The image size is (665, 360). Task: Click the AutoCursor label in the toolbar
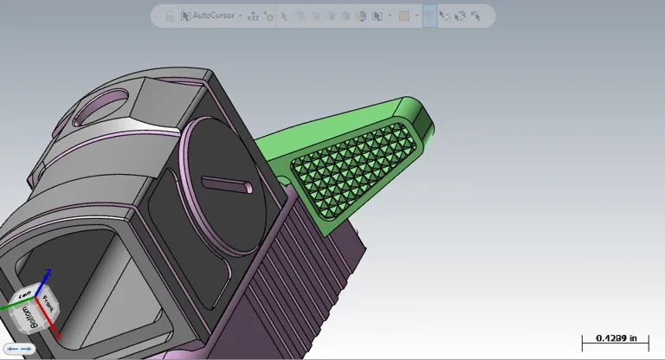point(213,16)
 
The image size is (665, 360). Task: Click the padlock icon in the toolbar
point(170,16)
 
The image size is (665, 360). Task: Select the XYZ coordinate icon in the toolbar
point(253,16)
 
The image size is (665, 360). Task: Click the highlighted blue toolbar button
point(429,16)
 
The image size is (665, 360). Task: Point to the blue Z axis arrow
point(48,276)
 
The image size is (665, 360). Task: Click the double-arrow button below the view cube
point(19,348)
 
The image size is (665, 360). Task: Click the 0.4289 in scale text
point(615,338)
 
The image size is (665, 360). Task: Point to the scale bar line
point(615,347)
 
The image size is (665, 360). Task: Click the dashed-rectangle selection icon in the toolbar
point(404,16)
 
